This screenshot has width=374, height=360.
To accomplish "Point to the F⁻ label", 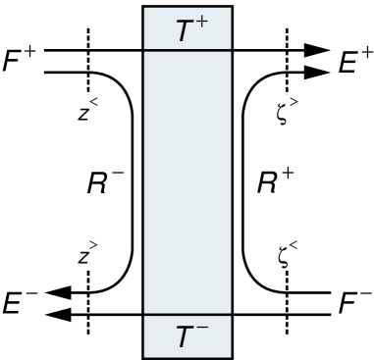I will point(352,301).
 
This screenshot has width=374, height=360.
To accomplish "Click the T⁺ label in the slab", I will point(187,31).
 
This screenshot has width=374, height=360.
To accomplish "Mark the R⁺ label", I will point(269,182).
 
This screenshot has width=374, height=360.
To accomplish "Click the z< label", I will point(86,111).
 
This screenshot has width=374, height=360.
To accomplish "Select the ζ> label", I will point(288,111).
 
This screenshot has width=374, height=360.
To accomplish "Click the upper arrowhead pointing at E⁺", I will point(318,49).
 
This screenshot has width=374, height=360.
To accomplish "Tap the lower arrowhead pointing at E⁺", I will point(318,71).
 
